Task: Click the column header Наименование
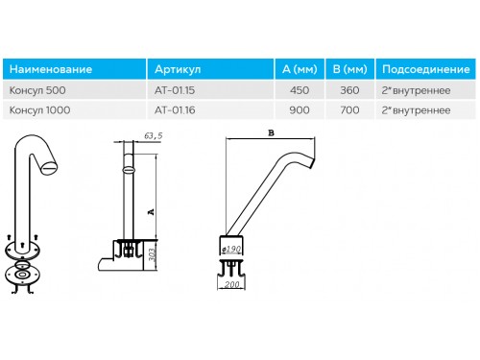51,69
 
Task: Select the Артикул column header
178,69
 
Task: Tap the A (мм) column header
300,69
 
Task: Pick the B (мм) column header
349,69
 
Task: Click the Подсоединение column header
425,69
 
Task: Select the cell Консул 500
37,90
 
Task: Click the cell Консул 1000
39,110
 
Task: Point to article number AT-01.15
175,90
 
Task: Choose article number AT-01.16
175,110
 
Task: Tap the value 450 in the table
300,90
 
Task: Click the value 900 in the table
300,110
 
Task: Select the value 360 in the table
349,90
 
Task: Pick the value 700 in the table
349,110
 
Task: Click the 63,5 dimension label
154,136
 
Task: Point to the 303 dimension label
153,254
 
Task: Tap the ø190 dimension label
231,249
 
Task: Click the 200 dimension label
231,284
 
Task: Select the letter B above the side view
271,132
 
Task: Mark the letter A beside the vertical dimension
151,212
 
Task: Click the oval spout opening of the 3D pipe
50,167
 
